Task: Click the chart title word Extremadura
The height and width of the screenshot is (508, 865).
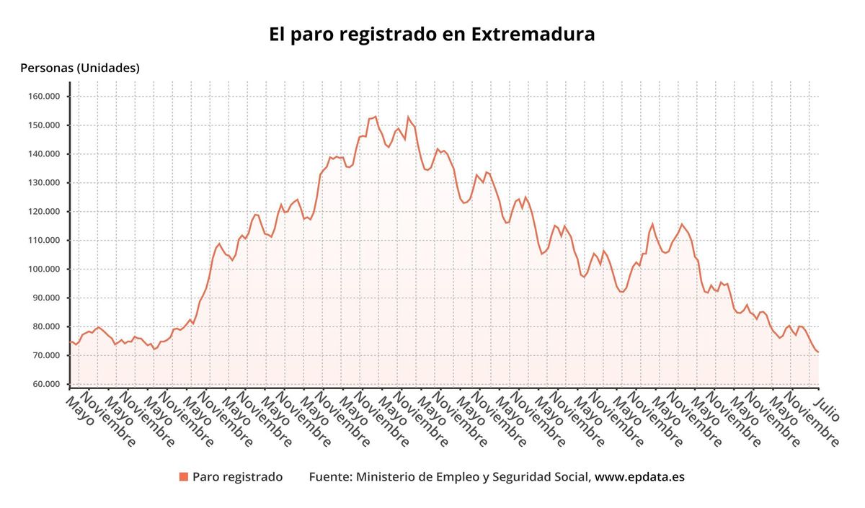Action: point(533,35)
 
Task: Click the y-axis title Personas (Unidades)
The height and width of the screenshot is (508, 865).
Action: point(80,68)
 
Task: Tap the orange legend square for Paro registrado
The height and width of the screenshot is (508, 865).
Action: point(184,477)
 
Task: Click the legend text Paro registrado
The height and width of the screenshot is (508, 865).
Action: point(237,477)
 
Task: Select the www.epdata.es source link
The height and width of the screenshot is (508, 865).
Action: point(639,477)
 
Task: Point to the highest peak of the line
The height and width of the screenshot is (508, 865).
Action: point(376,117)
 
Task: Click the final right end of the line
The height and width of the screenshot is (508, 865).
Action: point(818,352)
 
